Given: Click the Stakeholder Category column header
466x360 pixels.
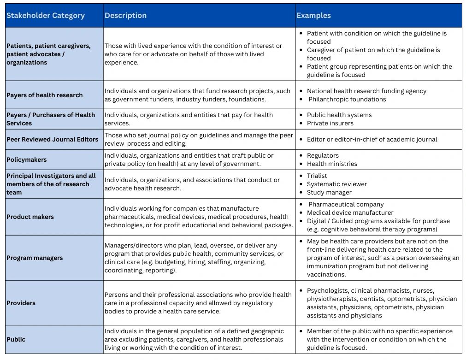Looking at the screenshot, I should pyautogui.click(x=45, y=15).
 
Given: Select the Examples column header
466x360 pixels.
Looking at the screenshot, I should pyautogui.click(x=313, y=15).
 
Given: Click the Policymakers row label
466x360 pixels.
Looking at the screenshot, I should pyautogui.click(x=26, y=159).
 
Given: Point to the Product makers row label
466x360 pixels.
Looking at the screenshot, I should pyautogui.click(x=30, y=217).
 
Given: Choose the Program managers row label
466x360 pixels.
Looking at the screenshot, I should pyautogui.click(x=35, y=258).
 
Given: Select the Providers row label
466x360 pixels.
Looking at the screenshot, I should pyautogui.click(x=21, y=303).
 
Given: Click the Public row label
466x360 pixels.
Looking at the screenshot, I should pyautogui.click(x=16, y=339).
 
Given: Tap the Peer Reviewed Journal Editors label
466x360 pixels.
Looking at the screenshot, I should pyautogui.click(x=52, y=139).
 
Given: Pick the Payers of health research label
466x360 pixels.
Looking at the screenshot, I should pyautogui.click(x=44, y=95).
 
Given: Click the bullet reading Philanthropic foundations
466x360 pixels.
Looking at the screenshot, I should pyautogui.click(x=347, y=99).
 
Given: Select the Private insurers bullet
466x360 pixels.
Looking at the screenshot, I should pyautogui.click(x=330, y=123).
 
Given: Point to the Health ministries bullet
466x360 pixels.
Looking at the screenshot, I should pyautogui.click(x=332, y=164).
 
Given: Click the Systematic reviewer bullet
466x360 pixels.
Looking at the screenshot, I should pyautogui.click(x=337, y=184).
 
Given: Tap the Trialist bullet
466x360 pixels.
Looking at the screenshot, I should pyautogui.click(x=317, y=176).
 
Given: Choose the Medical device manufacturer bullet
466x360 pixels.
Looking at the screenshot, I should pyautogui.click(x=350, y=212).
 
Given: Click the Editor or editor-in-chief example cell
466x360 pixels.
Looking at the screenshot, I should pyautogui.click(x=372, y=139).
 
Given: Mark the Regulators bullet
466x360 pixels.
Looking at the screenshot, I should pyautogui.click(x=323, y=155).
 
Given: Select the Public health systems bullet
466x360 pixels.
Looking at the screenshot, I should pyautogui.click(x=339, y=115).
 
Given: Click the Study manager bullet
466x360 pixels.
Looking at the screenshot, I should pyautogui.click(x=329, y=192).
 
